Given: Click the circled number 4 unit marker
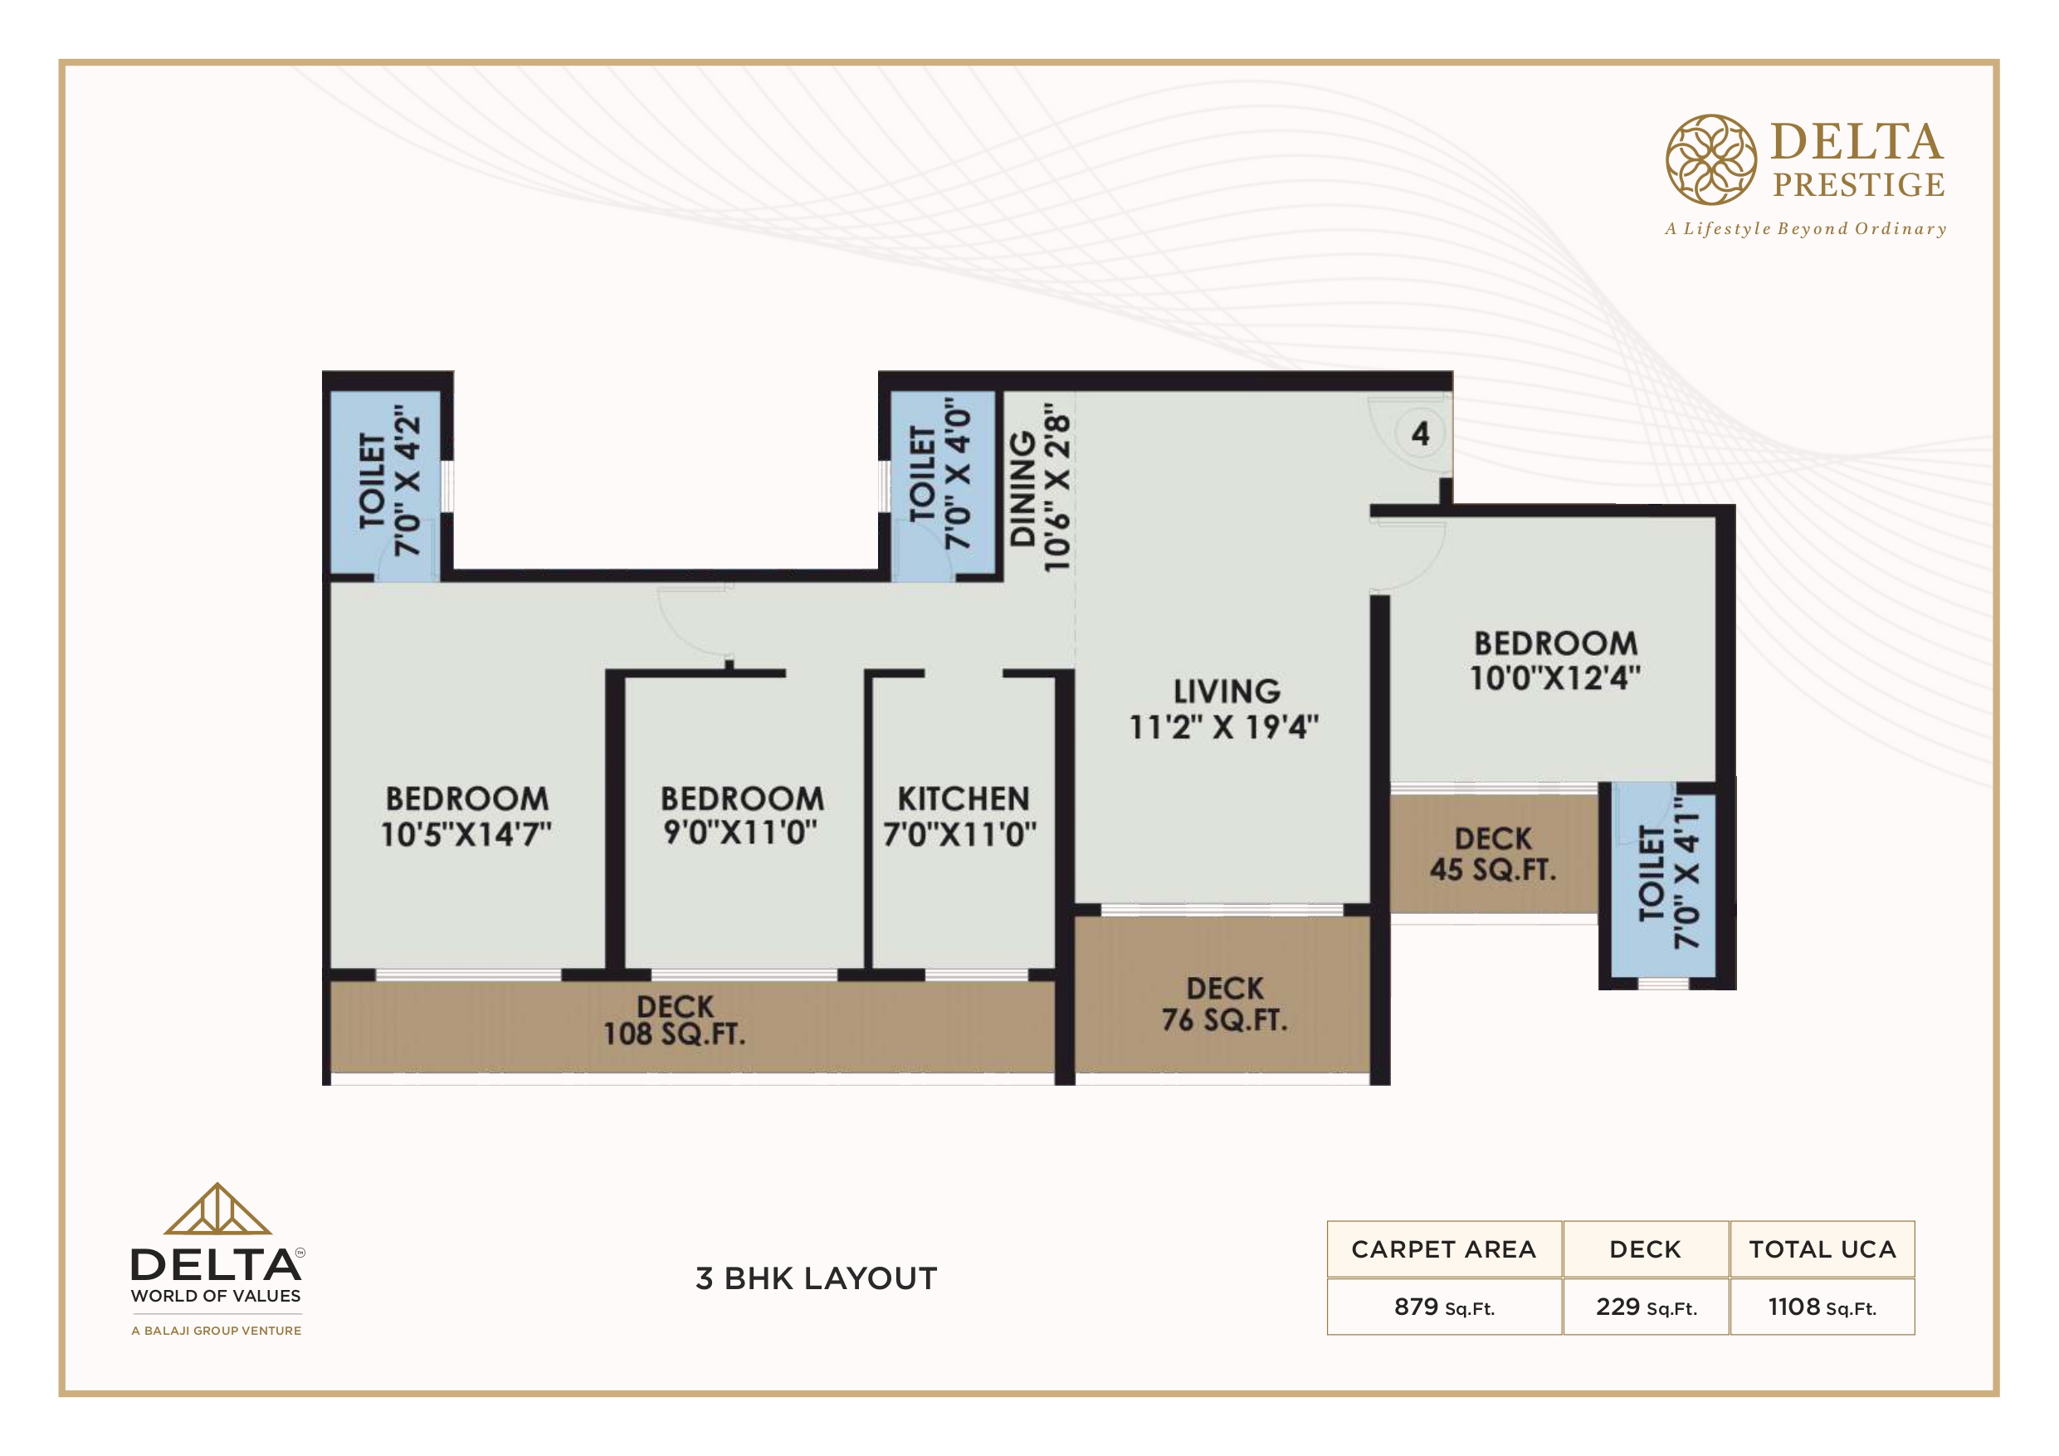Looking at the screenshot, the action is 1421,434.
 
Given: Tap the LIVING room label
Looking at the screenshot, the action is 1227,691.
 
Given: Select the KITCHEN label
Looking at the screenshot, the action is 964,799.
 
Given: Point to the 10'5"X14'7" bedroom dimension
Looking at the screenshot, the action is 466,834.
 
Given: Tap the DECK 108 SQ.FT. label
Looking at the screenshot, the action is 675,1021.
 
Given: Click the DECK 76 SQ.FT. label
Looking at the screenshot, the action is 1225,1004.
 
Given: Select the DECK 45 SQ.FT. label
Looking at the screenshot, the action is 1493,854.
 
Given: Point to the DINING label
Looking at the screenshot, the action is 1023,490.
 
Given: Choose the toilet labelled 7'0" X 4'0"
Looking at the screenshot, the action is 939,474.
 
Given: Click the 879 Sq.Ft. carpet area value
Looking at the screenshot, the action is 1444,1307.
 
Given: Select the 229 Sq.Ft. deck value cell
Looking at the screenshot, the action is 1647,1307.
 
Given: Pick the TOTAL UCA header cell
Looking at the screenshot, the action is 1822,1248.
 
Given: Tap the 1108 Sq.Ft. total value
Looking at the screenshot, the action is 1822,1307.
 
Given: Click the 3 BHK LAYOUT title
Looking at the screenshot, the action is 816,1278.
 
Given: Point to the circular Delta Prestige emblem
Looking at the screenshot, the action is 1711,159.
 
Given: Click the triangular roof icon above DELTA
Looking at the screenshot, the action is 217,1209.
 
